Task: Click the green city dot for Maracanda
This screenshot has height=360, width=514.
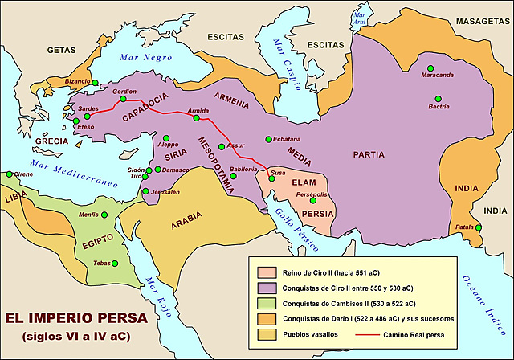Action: pyautogui.click(x=430, y=67)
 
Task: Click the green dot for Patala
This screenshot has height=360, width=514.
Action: pyautogui.click(x=478, y=227)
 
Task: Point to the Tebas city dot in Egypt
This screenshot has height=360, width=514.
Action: pyautogui.click(x=114, y=263)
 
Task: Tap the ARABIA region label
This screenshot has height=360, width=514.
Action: pyautogui.click(x=186, y=227)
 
